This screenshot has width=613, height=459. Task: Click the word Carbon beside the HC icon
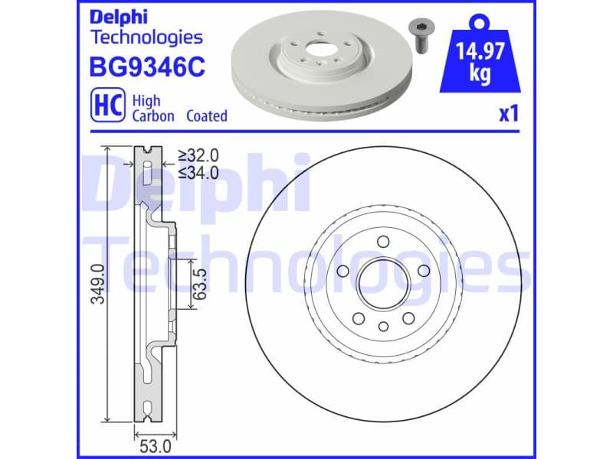click(153, 116)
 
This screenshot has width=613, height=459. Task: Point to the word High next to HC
click(146, 100)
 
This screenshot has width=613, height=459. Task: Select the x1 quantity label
click(509, 114)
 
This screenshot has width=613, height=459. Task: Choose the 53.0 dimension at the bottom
click(154, 441)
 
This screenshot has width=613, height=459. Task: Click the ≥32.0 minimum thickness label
click(198, 156)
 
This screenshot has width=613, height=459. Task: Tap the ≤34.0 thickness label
click(198, 172)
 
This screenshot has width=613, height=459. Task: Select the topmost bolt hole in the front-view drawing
click(382, 243)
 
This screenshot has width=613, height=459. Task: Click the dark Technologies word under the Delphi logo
click(146, 37)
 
